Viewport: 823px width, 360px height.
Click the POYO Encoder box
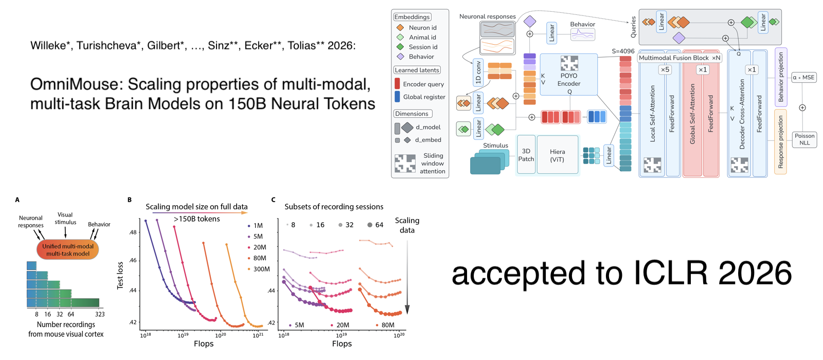click(x=568, y=75)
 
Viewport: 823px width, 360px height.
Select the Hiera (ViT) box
click(x=557, y=155)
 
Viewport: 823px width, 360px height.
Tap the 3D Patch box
click(x=526, y=155)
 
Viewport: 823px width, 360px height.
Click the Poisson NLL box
click(x=804, y=139)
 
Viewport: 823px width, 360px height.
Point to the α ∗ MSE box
click(x=803, y=78)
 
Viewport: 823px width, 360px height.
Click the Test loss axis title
click(x=120, y=276)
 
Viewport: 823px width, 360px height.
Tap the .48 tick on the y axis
click(x=133, y=232)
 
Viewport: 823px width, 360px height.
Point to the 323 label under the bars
click(x=100, y=314)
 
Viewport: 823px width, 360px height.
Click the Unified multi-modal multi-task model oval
click(x=67, y=250)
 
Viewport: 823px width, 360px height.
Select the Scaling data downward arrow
click(x=407, y=278)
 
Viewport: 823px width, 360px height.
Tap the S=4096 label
click(x=623, y=51)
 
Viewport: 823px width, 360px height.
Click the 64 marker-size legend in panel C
click(x=375, y=225)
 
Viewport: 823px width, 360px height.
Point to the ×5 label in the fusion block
click(x=665, y=69)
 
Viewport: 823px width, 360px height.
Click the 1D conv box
click(x=478, y=73)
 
